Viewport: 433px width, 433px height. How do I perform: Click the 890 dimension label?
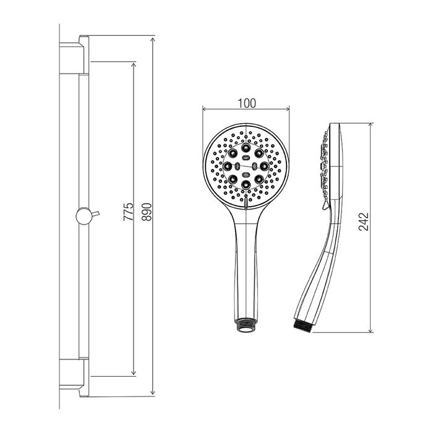pos(147,212)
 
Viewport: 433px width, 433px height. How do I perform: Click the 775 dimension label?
pos(128,212)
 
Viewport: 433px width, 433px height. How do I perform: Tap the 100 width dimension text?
pos(247,103)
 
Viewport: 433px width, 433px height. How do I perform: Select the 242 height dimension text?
pos(364,221)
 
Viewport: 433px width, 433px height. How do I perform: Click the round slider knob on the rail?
pos(84,216)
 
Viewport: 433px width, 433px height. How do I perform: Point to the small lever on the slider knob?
pos(95,213)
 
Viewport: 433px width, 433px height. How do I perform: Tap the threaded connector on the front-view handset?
pos(246,325)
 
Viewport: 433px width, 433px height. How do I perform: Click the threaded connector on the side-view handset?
pos(303,326)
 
